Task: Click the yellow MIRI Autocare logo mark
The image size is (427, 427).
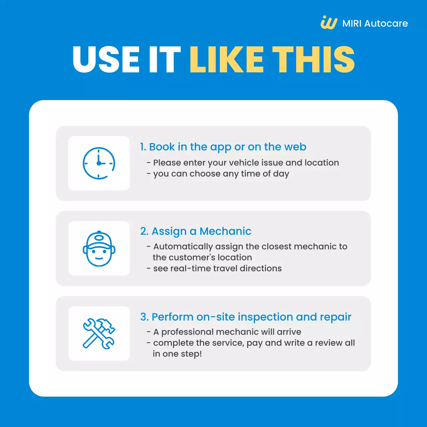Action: click(329, 22)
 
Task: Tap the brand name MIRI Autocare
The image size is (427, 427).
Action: click(375, 23)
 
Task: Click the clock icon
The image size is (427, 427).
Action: click(99, 163)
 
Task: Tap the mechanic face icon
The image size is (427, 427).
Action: click(99, 249)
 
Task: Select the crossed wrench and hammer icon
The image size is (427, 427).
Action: click(99, 334)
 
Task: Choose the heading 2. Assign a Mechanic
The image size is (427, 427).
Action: click(196, 231)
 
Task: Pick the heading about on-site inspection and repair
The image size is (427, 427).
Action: click(246, 317)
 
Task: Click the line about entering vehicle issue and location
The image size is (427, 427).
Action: click(243, 163)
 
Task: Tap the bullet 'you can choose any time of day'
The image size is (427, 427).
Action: click(218, 174)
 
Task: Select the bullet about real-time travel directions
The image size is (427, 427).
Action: click(214, 269)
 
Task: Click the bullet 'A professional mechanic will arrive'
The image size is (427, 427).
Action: click(224, 332)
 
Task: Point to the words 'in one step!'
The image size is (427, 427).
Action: click(177, 354)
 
